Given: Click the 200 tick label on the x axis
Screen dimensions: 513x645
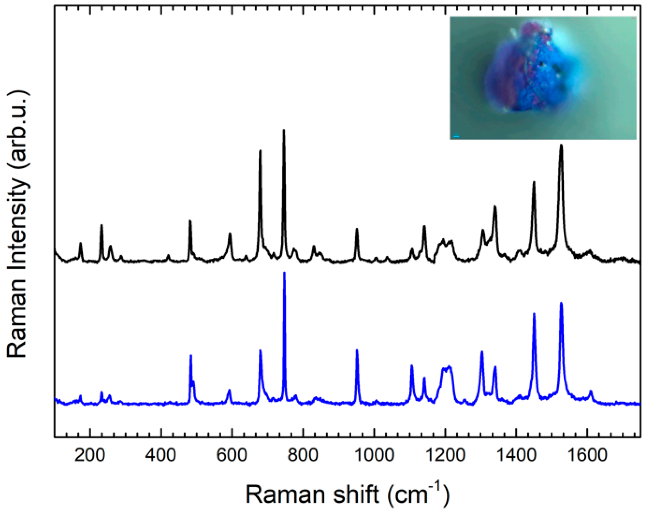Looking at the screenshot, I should (x=90, y=455).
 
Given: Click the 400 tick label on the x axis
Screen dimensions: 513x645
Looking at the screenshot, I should (x=161, y=455).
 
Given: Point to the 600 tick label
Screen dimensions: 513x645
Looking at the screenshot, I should (x=232, y=455).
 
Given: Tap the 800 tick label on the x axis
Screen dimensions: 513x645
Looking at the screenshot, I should (x=303, y=455).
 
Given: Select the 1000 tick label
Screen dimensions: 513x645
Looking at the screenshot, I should (x=374, y=455).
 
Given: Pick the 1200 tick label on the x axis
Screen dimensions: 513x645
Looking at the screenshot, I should (x=445, y=455).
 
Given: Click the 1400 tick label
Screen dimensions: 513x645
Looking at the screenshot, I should (x=516, y=455).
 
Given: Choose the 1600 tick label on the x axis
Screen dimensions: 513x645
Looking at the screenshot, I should (x=587, y=455).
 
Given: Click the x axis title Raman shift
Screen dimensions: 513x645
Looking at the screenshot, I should (x=347, y=494).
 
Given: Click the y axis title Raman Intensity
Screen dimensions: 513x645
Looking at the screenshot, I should (x=17, y=225).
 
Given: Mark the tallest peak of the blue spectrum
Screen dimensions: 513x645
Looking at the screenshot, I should (x=284, y=273).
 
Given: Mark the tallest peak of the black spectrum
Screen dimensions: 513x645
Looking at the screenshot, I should (x=284, y=130).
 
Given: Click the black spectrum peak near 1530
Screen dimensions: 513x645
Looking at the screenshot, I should (x=561, y=146).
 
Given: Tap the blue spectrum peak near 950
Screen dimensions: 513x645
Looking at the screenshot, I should (x=357, y=351).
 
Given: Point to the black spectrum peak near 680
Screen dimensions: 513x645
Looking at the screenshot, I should (x=260, y=151).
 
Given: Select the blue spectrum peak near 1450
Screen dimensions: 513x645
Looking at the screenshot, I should (x=534, y=314).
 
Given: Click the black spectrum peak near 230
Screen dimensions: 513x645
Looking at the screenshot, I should (x=101, y=226).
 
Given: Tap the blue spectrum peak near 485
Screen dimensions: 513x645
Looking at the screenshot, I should (x=191, y=356).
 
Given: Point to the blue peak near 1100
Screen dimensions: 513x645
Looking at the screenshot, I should (x=412, y=366).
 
